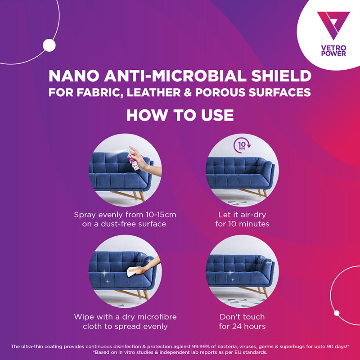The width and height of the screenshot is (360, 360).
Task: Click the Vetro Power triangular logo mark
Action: click(333, 25)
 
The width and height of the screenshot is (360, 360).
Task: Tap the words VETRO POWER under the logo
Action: click(333, 51)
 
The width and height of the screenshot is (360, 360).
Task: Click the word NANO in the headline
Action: click(74, 76)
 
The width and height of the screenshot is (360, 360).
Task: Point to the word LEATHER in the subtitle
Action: click(153, 92)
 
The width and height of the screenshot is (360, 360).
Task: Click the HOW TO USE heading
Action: click(180, 115)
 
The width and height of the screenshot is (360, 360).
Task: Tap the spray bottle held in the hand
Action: click(133, 159)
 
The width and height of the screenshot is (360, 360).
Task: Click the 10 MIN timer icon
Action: click(242, 145)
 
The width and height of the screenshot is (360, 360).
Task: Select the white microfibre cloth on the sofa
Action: click(133, 272)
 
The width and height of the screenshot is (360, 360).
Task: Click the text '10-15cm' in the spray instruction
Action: click(161, 215)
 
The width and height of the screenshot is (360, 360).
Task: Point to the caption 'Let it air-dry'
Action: click(242, 215)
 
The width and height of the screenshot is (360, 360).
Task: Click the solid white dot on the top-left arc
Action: click(49, 45)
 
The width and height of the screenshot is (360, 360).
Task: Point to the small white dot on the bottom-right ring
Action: click(337, 313)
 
